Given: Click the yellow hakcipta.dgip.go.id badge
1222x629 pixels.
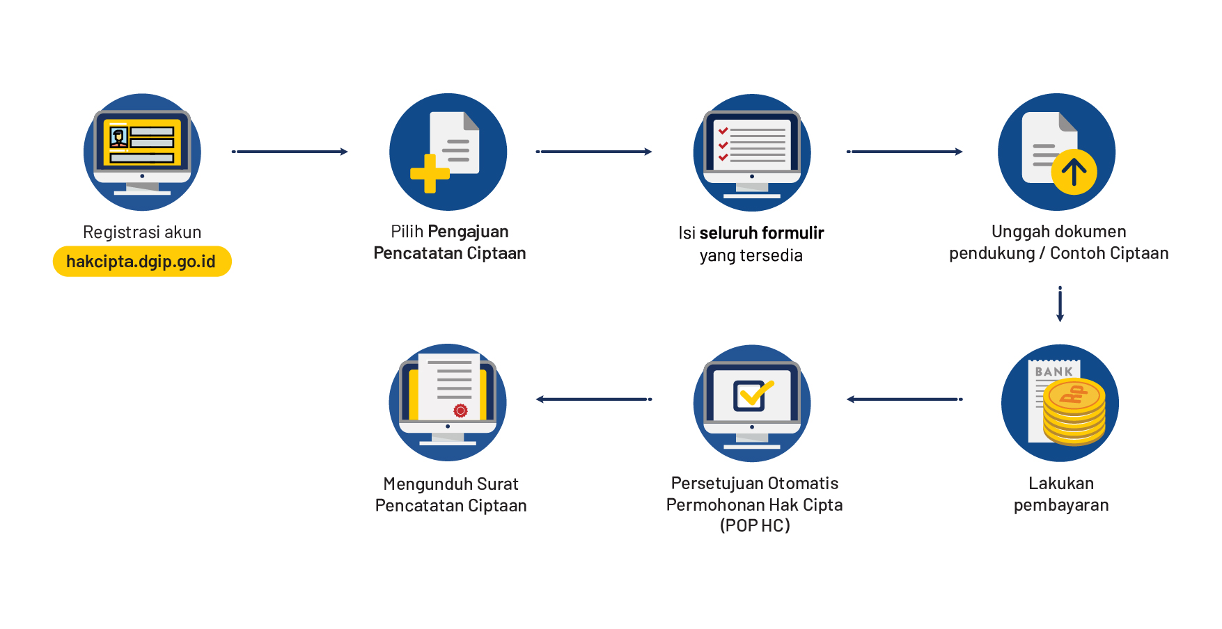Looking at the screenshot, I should (142, 262).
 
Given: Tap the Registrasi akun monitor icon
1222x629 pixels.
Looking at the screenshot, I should (142, 152).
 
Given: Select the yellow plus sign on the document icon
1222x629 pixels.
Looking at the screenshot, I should (430, 173).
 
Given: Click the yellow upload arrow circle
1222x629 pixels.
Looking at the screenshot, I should (1074, 172).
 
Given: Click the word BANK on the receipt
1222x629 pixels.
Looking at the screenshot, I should (1053, 372).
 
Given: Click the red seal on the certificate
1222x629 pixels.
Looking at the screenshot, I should (460, 411).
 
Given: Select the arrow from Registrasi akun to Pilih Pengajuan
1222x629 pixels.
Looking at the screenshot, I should (290, 152).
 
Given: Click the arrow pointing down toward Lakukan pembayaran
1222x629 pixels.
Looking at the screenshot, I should (1060, 304).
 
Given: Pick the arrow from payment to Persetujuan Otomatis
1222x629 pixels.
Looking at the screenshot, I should (904, 399).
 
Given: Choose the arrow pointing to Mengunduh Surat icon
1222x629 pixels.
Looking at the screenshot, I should (594, 399).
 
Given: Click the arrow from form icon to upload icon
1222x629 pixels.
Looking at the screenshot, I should (904, 152).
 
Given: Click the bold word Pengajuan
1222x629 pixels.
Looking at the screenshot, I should (468, 232).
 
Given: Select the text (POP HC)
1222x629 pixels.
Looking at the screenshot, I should (755, 525).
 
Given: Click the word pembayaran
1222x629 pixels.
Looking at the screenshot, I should (1060, 505).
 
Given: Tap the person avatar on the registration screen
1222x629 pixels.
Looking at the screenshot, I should (118, 136).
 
